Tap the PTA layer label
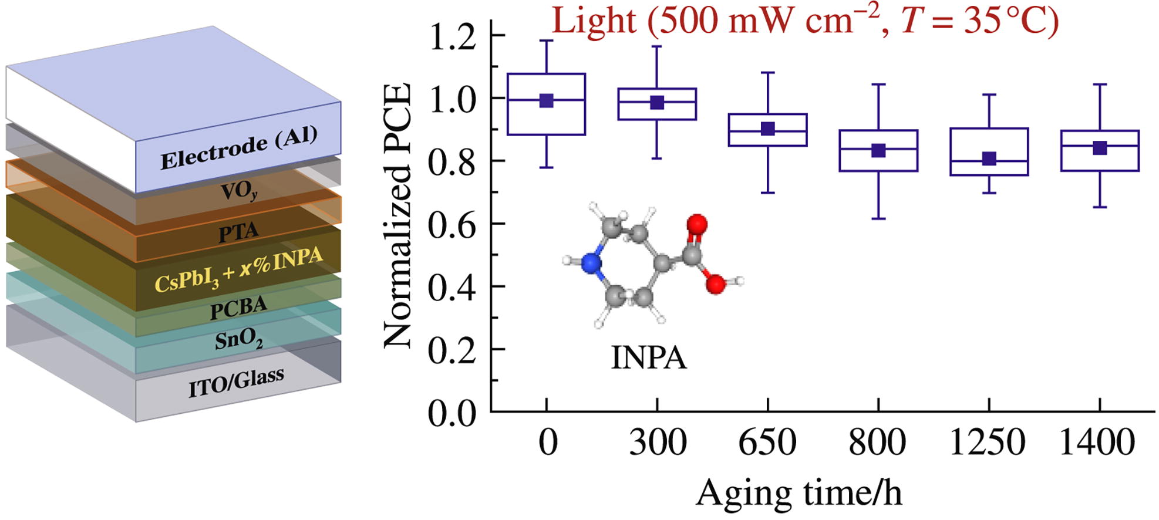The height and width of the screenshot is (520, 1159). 238,231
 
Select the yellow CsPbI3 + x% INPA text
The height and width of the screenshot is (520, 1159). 238,271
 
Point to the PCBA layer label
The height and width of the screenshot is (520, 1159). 238,308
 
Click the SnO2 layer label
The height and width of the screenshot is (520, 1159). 238,340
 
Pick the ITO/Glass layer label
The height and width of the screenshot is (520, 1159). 236,382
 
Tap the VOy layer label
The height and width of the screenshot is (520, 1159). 239,191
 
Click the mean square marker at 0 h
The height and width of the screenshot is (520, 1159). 547,100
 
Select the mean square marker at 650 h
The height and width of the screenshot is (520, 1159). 768,129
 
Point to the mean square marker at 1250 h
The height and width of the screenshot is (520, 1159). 989,158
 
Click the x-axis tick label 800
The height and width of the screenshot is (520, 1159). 878,443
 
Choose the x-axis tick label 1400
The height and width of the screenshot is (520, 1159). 1098,443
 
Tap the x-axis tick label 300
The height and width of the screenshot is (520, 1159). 658,443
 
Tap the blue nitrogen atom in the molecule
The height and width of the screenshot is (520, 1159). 592,264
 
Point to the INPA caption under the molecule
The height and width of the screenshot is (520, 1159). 649,357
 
